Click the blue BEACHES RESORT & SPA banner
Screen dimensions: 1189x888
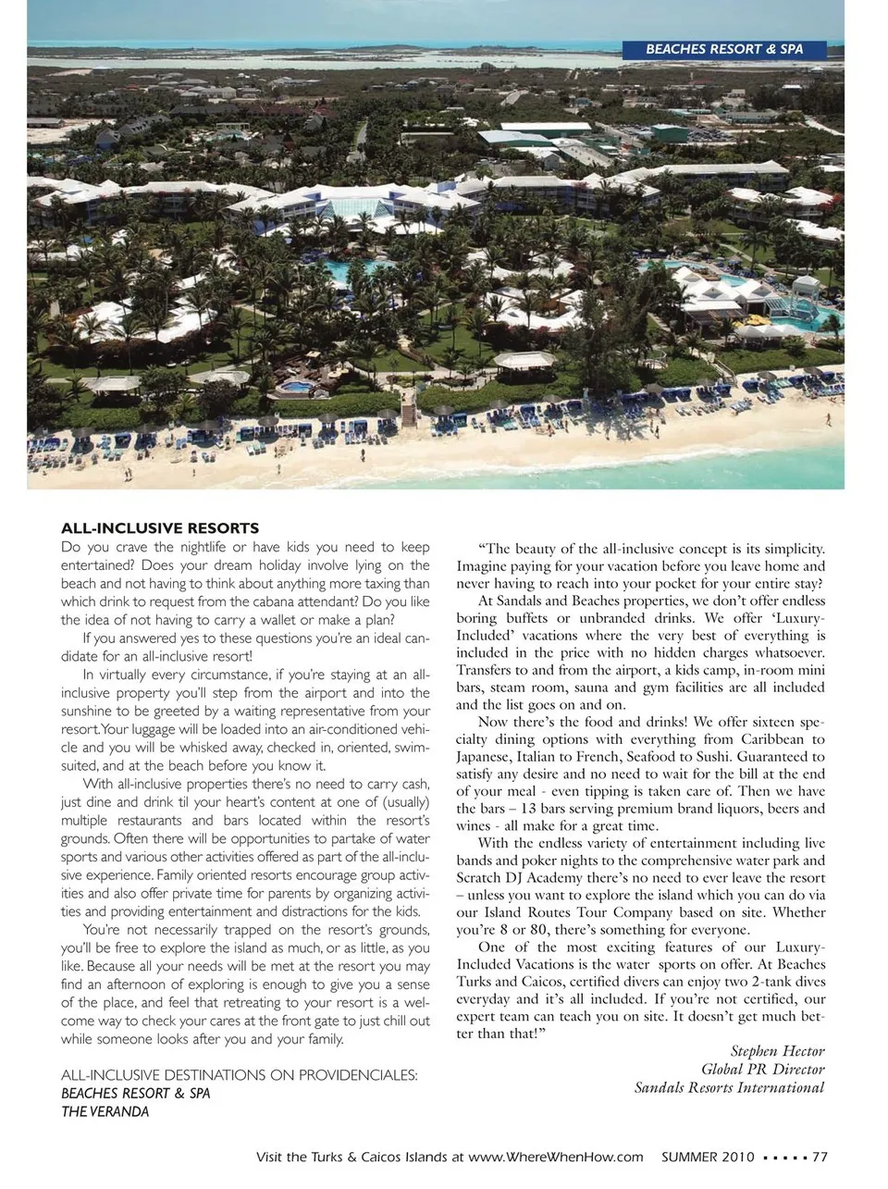pyautogui.click(x=724, y=49)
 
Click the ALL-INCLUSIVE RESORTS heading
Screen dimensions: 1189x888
pyautogui.click(x=160, y=528)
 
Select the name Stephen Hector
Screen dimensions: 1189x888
pyautogui.click(x=777, y=1051)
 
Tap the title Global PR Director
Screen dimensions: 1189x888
pyautogui.click(x=762, y=1070)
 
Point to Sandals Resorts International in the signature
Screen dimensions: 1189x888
pyautogui.click(x=729, y=1088)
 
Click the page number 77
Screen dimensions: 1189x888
pyautogui.click(x=820, y=1157)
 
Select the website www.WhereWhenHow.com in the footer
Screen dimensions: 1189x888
pyautogui.click(x=555, y=1157)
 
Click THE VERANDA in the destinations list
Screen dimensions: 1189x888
pyautogui.click(x=105, y=1111)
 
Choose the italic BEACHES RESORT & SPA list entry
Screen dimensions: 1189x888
pyautogui.click(x=135, y=1093)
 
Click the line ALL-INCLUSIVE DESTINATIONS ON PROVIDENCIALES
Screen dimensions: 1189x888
pyautogui.click(x=239, y=1075)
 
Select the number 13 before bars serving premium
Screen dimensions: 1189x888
pyautogui.click(x=530, y=809)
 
